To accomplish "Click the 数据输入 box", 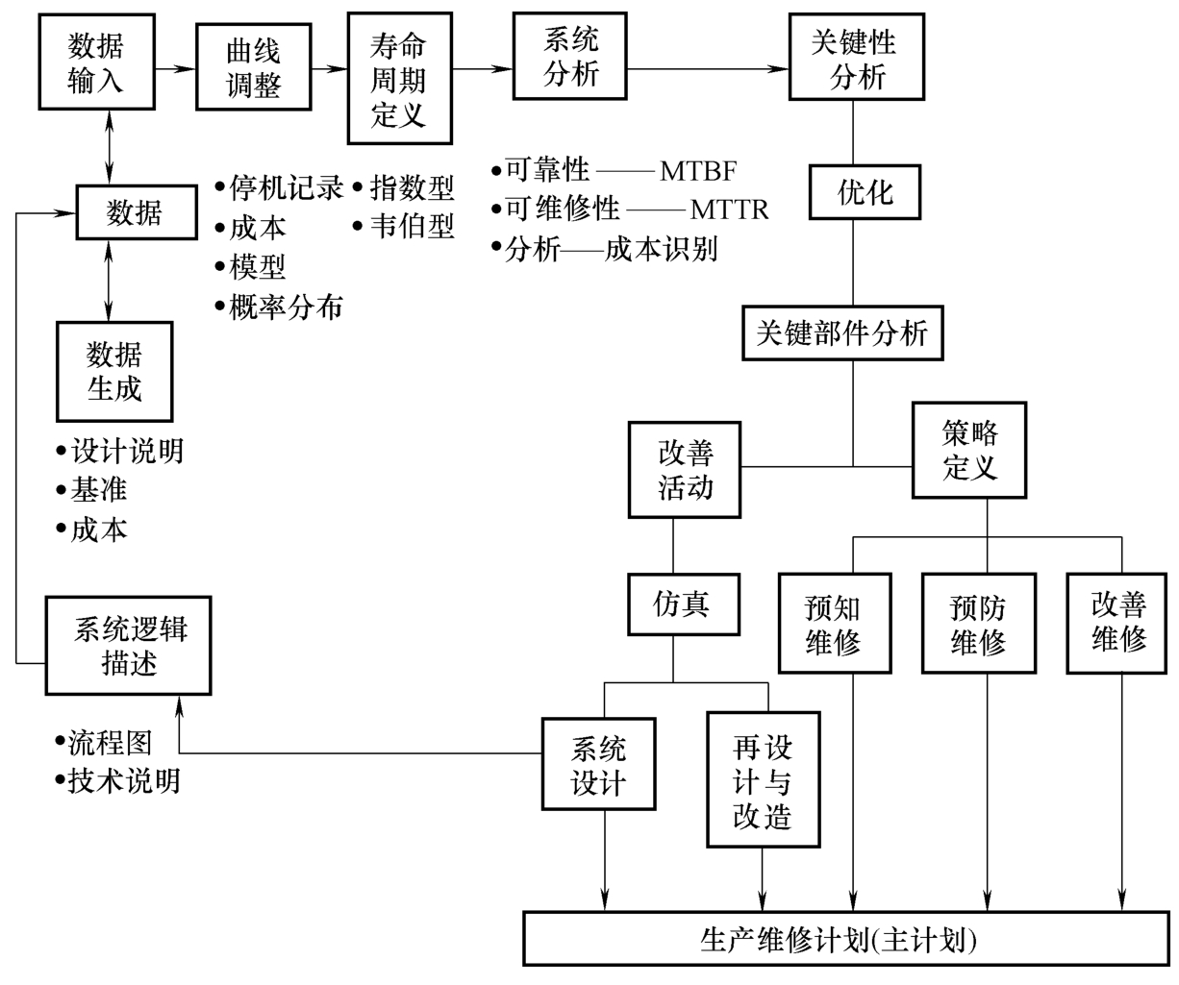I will coord(96,62).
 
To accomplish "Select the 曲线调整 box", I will coord(253,68).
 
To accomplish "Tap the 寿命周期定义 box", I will coord(398,80).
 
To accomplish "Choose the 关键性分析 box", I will coord(856,58).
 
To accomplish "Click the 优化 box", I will coord(865,193).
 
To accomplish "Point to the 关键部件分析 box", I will coord(842,332).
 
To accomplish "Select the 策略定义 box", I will coord(969,451).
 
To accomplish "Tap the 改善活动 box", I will coord(685,470).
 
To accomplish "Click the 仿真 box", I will coord(682,604).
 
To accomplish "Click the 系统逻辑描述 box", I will coord(129,646).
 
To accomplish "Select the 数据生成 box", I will coord(114,372).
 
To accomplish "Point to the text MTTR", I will coord(729,209).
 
